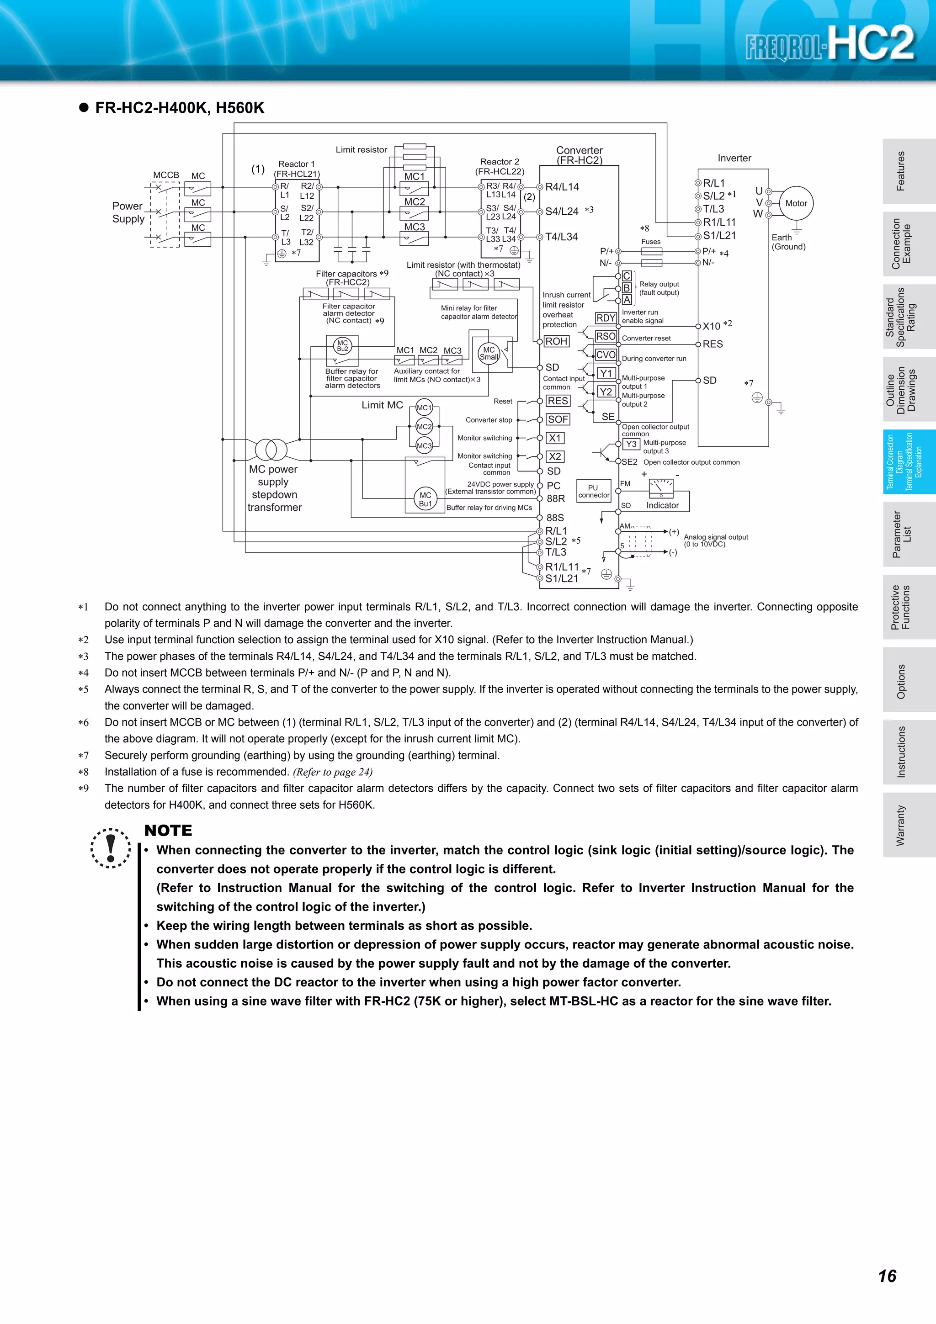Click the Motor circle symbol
pos(796,203)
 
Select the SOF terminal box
pos(558,419)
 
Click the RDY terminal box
pos(606,318)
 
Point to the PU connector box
pos(593,491)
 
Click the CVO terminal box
pos(606,355)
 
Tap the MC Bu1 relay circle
pos(425,499)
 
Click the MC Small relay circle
pos(489,353)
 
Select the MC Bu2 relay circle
pos(343,345)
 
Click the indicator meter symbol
pos(661,488)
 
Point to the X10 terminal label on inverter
pos(711,326)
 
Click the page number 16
pos(887,1276)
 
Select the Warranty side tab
pos(901,825)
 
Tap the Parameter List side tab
pos(901,534)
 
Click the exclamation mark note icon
pos(111,847)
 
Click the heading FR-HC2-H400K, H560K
pos(179,108)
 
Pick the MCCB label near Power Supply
pos(166,175)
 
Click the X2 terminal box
pos(555,456)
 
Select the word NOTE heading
pos(168,831)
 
